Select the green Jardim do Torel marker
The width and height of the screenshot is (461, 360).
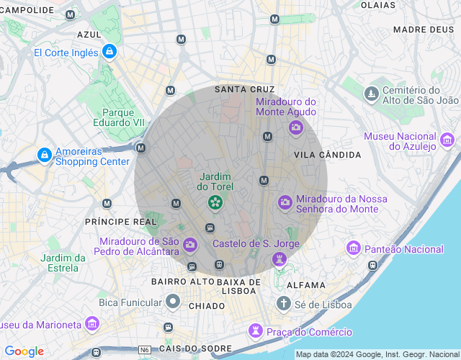click(215, 203)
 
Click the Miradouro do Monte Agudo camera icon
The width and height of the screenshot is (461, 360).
click(295, 127)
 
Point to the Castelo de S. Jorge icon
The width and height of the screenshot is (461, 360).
click(279, 259)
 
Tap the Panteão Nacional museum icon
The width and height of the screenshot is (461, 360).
click(354, 248)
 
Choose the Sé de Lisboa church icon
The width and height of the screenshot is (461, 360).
click(284, 303)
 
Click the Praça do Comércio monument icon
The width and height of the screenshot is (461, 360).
click(255, 331)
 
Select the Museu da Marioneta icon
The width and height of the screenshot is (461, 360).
click(91, 323)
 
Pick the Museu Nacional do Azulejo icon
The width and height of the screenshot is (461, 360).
click(447, 140)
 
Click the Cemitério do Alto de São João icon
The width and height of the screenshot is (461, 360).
click(371, 94)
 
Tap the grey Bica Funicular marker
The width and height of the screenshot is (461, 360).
click(172, 301)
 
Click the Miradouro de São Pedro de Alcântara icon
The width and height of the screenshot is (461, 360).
click(190, 245)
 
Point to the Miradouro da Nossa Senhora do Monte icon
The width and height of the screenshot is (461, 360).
click(285, 202)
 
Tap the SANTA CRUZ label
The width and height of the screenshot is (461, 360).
click(245, 89)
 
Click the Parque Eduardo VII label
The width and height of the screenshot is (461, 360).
click(119, 117)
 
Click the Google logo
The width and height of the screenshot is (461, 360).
click(24, 351)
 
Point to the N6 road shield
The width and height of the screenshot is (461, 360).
click(145, 349)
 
